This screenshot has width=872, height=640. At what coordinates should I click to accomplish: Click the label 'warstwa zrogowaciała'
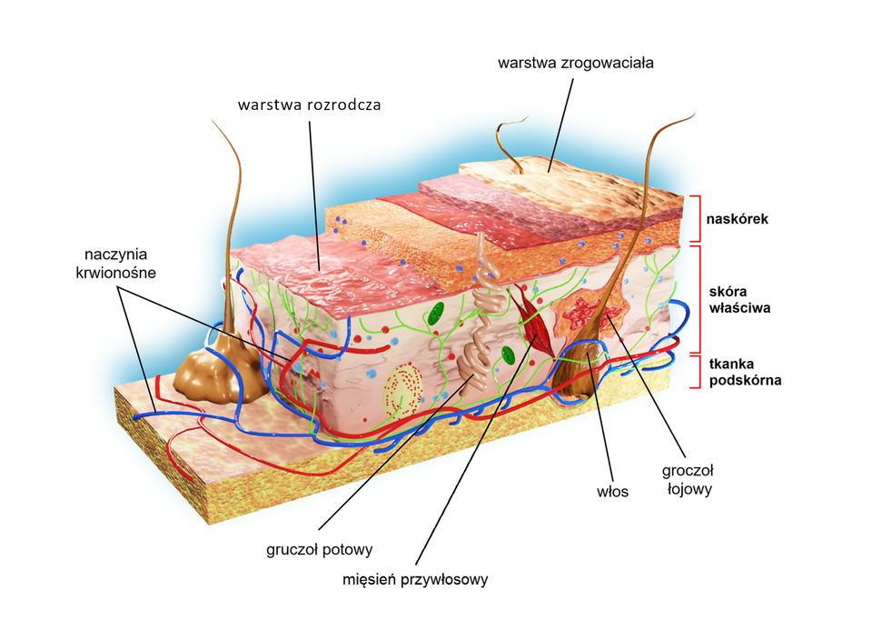tap(576, 64)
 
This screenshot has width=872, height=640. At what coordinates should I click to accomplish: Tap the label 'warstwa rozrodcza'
tap(309, 105)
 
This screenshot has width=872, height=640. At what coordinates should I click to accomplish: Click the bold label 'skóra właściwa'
tap(739, 300)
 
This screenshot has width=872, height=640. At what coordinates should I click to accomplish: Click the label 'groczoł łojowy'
tap(689, 479)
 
